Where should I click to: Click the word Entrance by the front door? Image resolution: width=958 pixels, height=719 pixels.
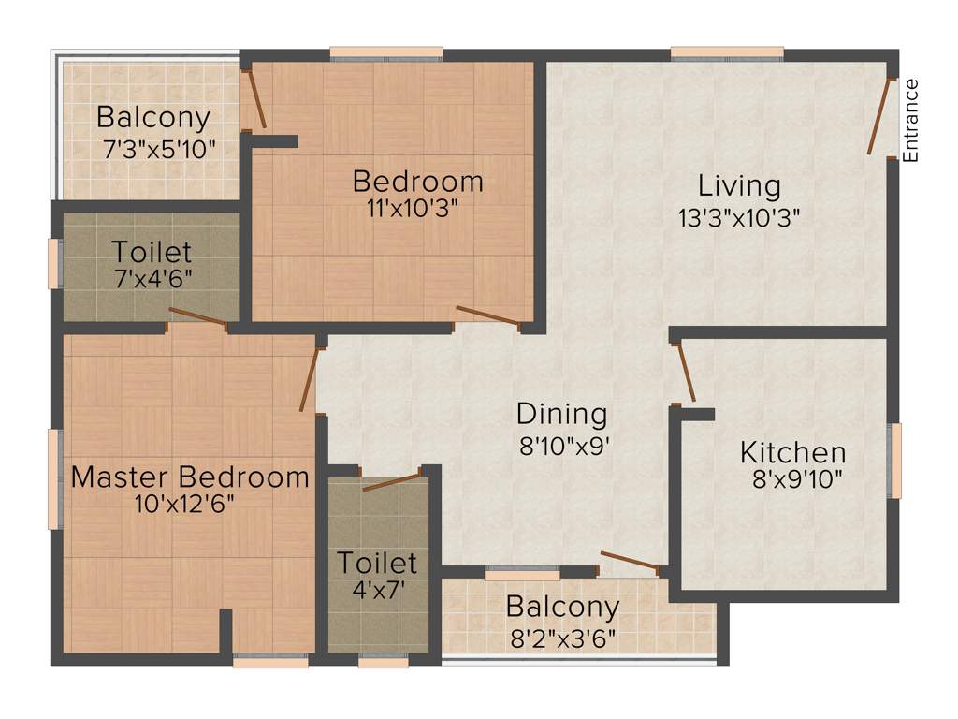[x=911, y=121]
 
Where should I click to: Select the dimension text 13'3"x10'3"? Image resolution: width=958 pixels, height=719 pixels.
[x=739, y=217]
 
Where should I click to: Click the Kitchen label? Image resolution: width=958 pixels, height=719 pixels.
[x=793, y=453]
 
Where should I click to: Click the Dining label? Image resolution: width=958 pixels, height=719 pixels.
[x=562, y=413]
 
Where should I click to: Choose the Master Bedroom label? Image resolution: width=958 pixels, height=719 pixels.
[x=190, y=477]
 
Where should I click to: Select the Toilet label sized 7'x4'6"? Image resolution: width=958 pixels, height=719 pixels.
[x=152, y=252]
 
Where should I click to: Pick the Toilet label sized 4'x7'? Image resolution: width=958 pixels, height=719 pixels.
[x=377, y=563]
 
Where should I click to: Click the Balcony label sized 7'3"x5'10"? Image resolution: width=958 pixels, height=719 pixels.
[x=153, y=119]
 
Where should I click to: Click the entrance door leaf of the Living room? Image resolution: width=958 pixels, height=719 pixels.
[x=878, y=116]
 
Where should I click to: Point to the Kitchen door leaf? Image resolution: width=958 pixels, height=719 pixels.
[x=685, y=372]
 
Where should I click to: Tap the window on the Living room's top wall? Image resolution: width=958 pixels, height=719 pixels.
[x=727, y=53]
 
